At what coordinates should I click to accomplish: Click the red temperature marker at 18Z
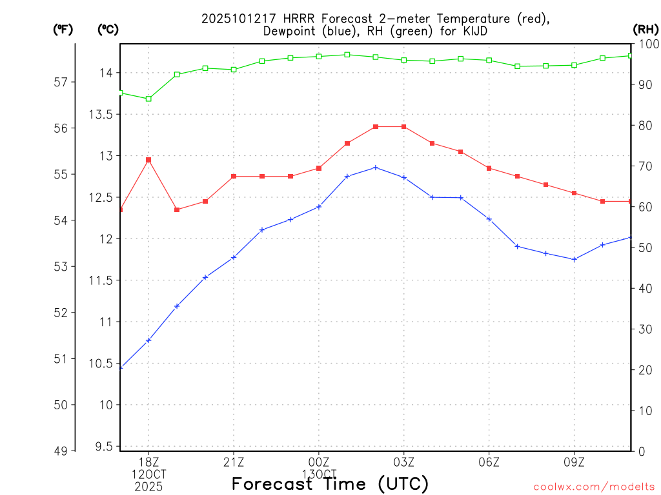(x=148, y=160)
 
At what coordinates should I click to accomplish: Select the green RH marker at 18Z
(x=148, y=99)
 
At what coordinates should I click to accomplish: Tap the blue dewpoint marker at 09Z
(x=575, y=259)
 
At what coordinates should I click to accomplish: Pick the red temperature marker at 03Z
(x=404, y=127)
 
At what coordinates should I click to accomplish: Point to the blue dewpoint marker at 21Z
(x=234, y=257)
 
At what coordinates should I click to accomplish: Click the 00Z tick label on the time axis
(x=319, y=462)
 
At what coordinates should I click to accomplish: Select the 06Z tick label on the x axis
(x=489, y=462)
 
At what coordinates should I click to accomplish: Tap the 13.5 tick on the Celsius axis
(x=99, y=115)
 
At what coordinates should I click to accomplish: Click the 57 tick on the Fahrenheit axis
(x=61, y=82)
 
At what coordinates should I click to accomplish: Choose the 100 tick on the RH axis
(x=647, y=44)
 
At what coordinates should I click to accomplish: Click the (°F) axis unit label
(x=63, y=29)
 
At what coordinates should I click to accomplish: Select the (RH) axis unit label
(x=646, y=29)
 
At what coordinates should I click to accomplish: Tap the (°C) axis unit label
(x=108, y=29)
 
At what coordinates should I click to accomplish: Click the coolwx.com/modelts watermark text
(x=594, y=487)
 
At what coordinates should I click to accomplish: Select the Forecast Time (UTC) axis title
(x=330, y=483)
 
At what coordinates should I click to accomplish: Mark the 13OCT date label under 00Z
(x=319, y=474)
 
